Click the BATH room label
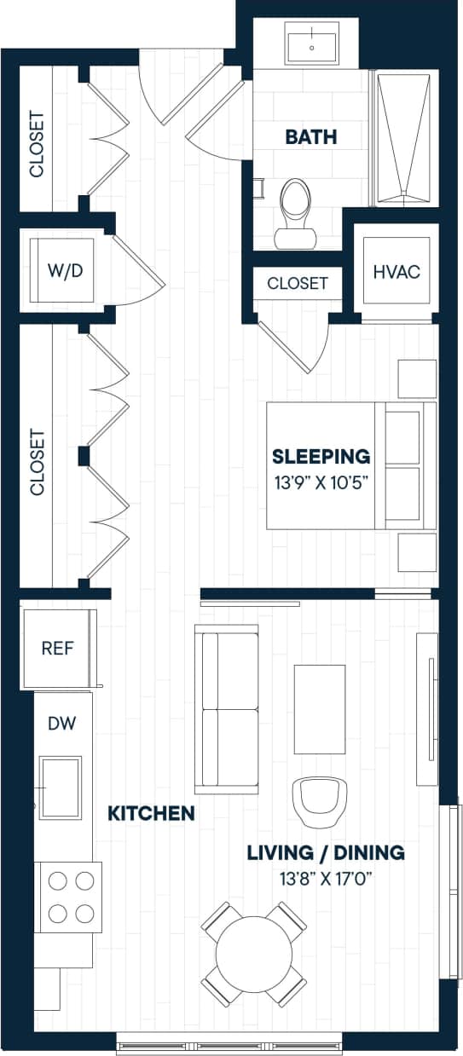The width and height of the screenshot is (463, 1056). (311, 136)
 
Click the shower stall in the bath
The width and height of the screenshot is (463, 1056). (403, 139)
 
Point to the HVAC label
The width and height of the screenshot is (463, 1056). (396, 272)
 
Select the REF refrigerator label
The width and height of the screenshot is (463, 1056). (58, 648)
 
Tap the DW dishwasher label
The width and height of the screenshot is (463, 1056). (61, 724)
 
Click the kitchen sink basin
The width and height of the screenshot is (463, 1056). (61, 788)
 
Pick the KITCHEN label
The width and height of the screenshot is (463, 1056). (151, 813)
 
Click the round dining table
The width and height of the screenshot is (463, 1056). (253, 954)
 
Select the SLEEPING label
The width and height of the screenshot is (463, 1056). (321, 456)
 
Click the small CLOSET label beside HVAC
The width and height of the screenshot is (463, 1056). (298, 284)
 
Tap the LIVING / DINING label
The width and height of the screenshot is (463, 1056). (326, 852)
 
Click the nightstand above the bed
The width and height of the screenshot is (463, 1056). (417, 378)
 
